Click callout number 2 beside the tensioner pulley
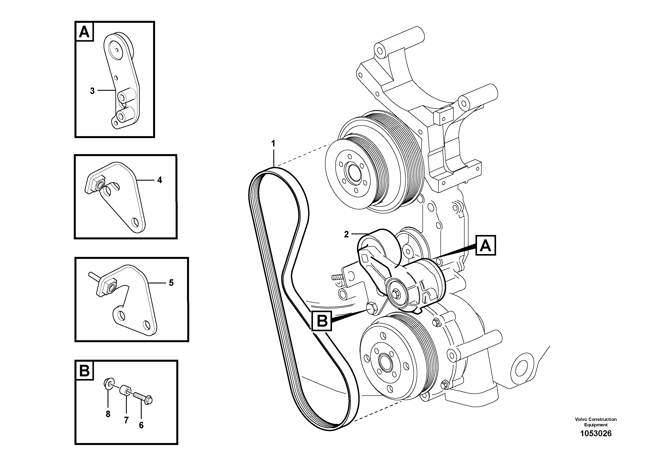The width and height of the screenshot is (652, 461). [346, 235]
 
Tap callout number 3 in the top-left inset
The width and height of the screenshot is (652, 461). [92, 91]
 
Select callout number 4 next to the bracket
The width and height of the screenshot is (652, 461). [160, 180]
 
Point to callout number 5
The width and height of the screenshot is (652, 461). [171, 283]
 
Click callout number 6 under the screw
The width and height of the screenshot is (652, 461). [141, 425]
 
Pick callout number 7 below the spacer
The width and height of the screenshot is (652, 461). [126, 420]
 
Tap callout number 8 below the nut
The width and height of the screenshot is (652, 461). [108, 414]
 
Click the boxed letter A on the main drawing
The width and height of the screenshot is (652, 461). [485, 246]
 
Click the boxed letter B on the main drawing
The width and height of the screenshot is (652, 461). [322, 321]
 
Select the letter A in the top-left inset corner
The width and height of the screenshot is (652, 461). [84, 32]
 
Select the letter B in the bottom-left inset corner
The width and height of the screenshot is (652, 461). [85, 371]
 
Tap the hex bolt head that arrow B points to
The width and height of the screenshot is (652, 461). [371, 308]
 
